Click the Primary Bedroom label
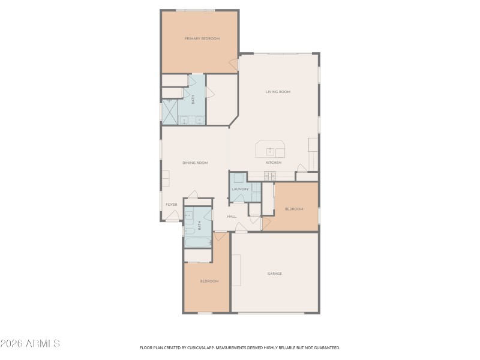[x=202, y=38]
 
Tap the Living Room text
[x=278, y=92]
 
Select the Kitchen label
[x=274, y=163]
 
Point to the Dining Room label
[x=195, y=163]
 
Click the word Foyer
[x=172, y=205]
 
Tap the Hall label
[x=232, y=216]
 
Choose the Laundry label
[x=240, y=189]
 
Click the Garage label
[x=274, y=274]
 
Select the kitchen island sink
[x=271, y=150]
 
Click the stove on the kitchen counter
[x=269, y=176]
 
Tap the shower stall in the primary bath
[x=169, y=111]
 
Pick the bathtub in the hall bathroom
[x=197, y=242]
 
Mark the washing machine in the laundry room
[x=238, y=178]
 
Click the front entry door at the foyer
[x=172, y=220]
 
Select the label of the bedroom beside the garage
[x=209, y=281]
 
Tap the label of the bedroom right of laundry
[x=293, y=209]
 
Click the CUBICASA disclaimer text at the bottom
[x=240, y=347]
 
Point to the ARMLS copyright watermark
[x=30, y=344]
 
